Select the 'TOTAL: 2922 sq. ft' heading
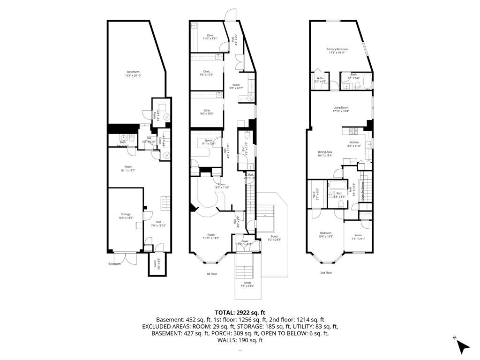(240, 312)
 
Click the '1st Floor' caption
(211, 274)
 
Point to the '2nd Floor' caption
(326, 272)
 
